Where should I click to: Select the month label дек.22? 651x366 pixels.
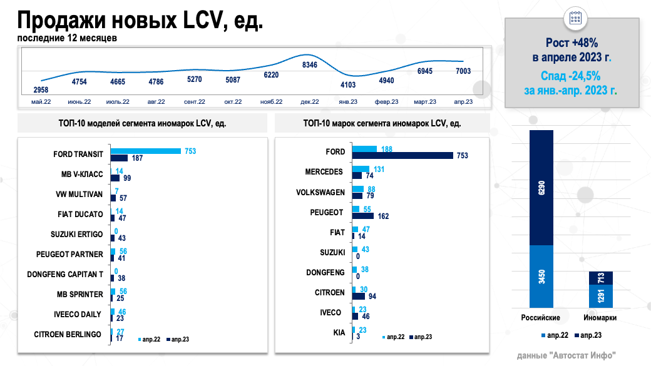pyautogui.click(x=310, y=101)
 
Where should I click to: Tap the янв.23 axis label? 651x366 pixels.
pyautogui.click(x=348, y=101)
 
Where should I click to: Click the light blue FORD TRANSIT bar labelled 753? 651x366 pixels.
pyautogui.click(x=146, y=151)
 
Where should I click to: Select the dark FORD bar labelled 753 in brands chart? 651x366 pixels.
pyautogui.click(x=402, y=155)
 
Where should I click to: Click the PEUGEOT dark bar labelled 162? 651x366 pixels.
pyautogui.click(x=363, y=216)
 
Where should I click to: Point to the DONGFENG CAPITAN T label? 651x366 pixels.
pyautogui.click(x=65, y=274)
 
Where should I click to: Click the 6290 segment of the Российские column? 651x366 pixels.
pyautogui.click(x=541, y=188)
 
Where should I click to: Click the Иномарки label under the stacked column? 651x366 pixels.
pyautogui.click(x=600, y=318)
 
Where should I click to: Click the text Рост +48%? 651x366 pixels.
pyautogui.click(x=572, y=43)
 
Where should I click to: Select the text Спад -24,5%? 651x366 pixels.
pyautogui.click(x=572, y=76)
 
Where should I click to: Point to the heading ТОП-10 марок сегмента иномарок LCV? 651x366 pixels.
pyautogui.click(x=381, y=123)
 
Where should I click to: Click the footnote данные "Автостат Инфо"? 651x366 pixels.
pyautogui.click(x=566, y=355)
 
